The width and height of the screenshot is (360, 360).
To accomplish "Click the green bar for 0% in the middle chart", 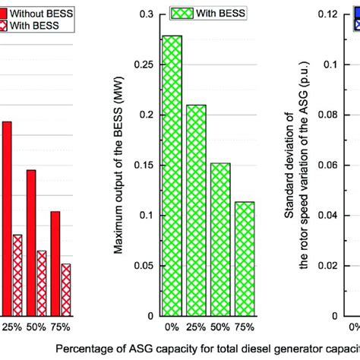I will pos(172,175).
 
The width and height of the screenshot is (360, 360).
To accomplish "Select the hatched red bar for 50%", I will pos(42,283).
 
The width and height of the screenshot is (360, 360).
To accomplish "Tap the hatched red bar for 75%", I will pos(66,289).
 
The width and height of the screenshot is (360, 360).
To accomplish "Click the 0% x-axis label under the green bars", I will pos(172,327).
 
